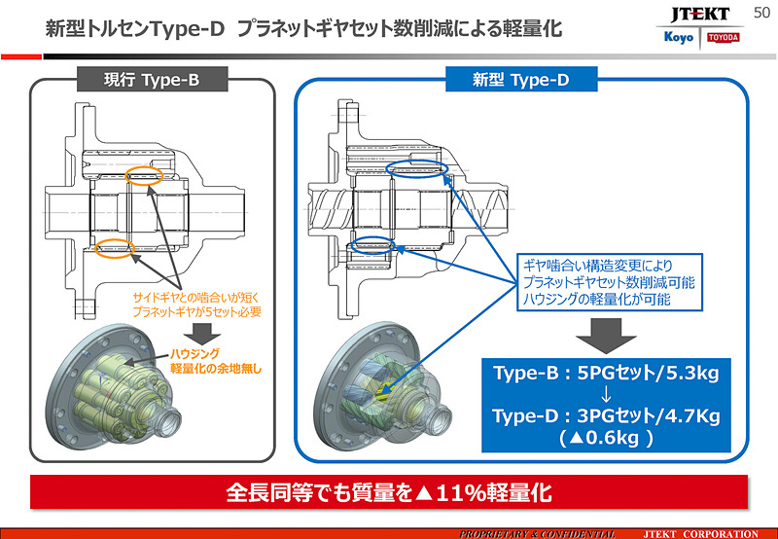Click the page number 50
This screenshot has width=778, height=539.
click(x=761, y=11)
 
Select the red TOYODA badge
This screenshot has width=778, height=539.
click(x=723, y=38)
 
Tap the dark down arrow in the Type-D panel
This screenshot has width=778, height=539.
click(x=604, y=335)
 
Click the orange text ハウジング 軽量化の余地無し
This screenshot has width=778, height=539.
click(x=216, y=362)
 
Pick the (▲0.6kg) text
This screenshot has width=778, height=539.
click(x=605, y=438)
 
